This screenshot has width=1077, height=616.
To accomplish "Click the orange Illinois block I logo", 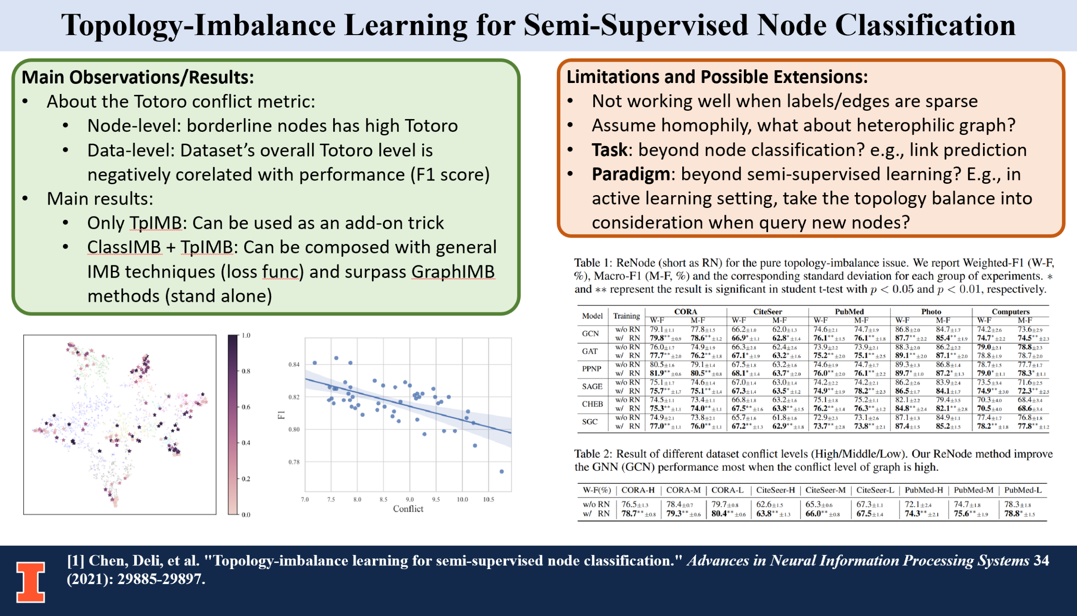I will (31, 582).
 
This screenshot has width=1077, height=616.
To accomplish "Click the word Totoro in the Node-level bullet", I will (431, 126).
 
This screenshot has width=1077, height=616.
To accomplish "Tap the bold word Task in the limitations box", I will (609, 150).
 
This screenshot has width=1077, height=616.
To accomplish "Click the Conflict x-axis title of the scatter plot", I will (408, 509).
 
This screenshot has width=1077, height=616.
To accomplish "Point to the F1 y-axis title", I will (281, 414).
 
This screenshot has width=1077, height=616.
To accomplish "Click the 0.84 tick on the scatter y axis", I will (294, 364).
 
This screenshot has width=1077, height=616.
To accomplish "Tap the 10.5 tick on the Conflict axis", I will (488, 500).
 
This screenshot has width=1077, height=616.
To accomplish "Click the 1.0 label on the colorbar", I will (246, 336).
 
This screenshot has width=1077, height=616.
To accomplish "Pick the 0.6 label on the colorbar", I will (246, 407).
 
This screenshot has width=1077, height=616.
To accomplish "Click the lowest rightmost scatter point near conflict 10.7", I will (502, 471).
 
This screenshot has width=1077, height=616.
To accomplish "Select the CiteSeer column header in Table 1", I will (767, 312).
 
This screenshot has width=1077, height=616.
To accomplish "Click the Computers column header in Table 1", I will (1010, 312).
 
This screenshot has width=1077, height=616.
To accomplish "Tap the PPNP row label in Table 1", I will (591, 369).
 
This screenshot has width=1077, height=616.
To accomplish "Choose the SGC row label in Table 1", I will (590, 422).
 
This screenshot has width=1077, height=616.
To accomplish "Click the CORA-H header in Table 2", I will (638, 490).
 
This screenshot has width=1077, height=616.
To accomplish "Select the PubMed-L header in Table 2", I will (1023, 490).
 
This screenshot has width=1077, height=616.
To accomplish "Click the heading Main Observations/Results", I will (138, 78).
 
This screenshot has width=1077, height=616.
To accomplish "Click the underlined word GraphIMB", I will (453, 272).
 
